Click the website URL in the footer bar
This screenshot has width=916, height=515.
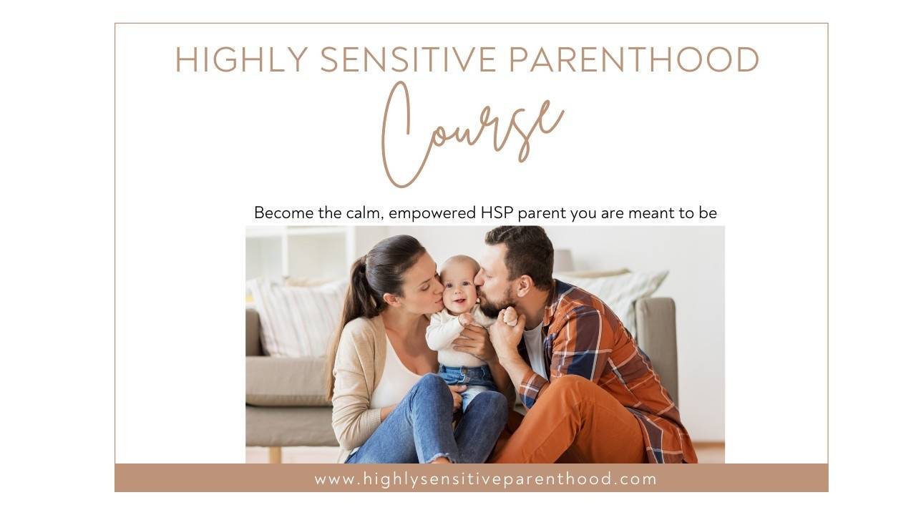485,479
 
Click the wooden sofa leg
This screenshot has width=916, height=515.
275,454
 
